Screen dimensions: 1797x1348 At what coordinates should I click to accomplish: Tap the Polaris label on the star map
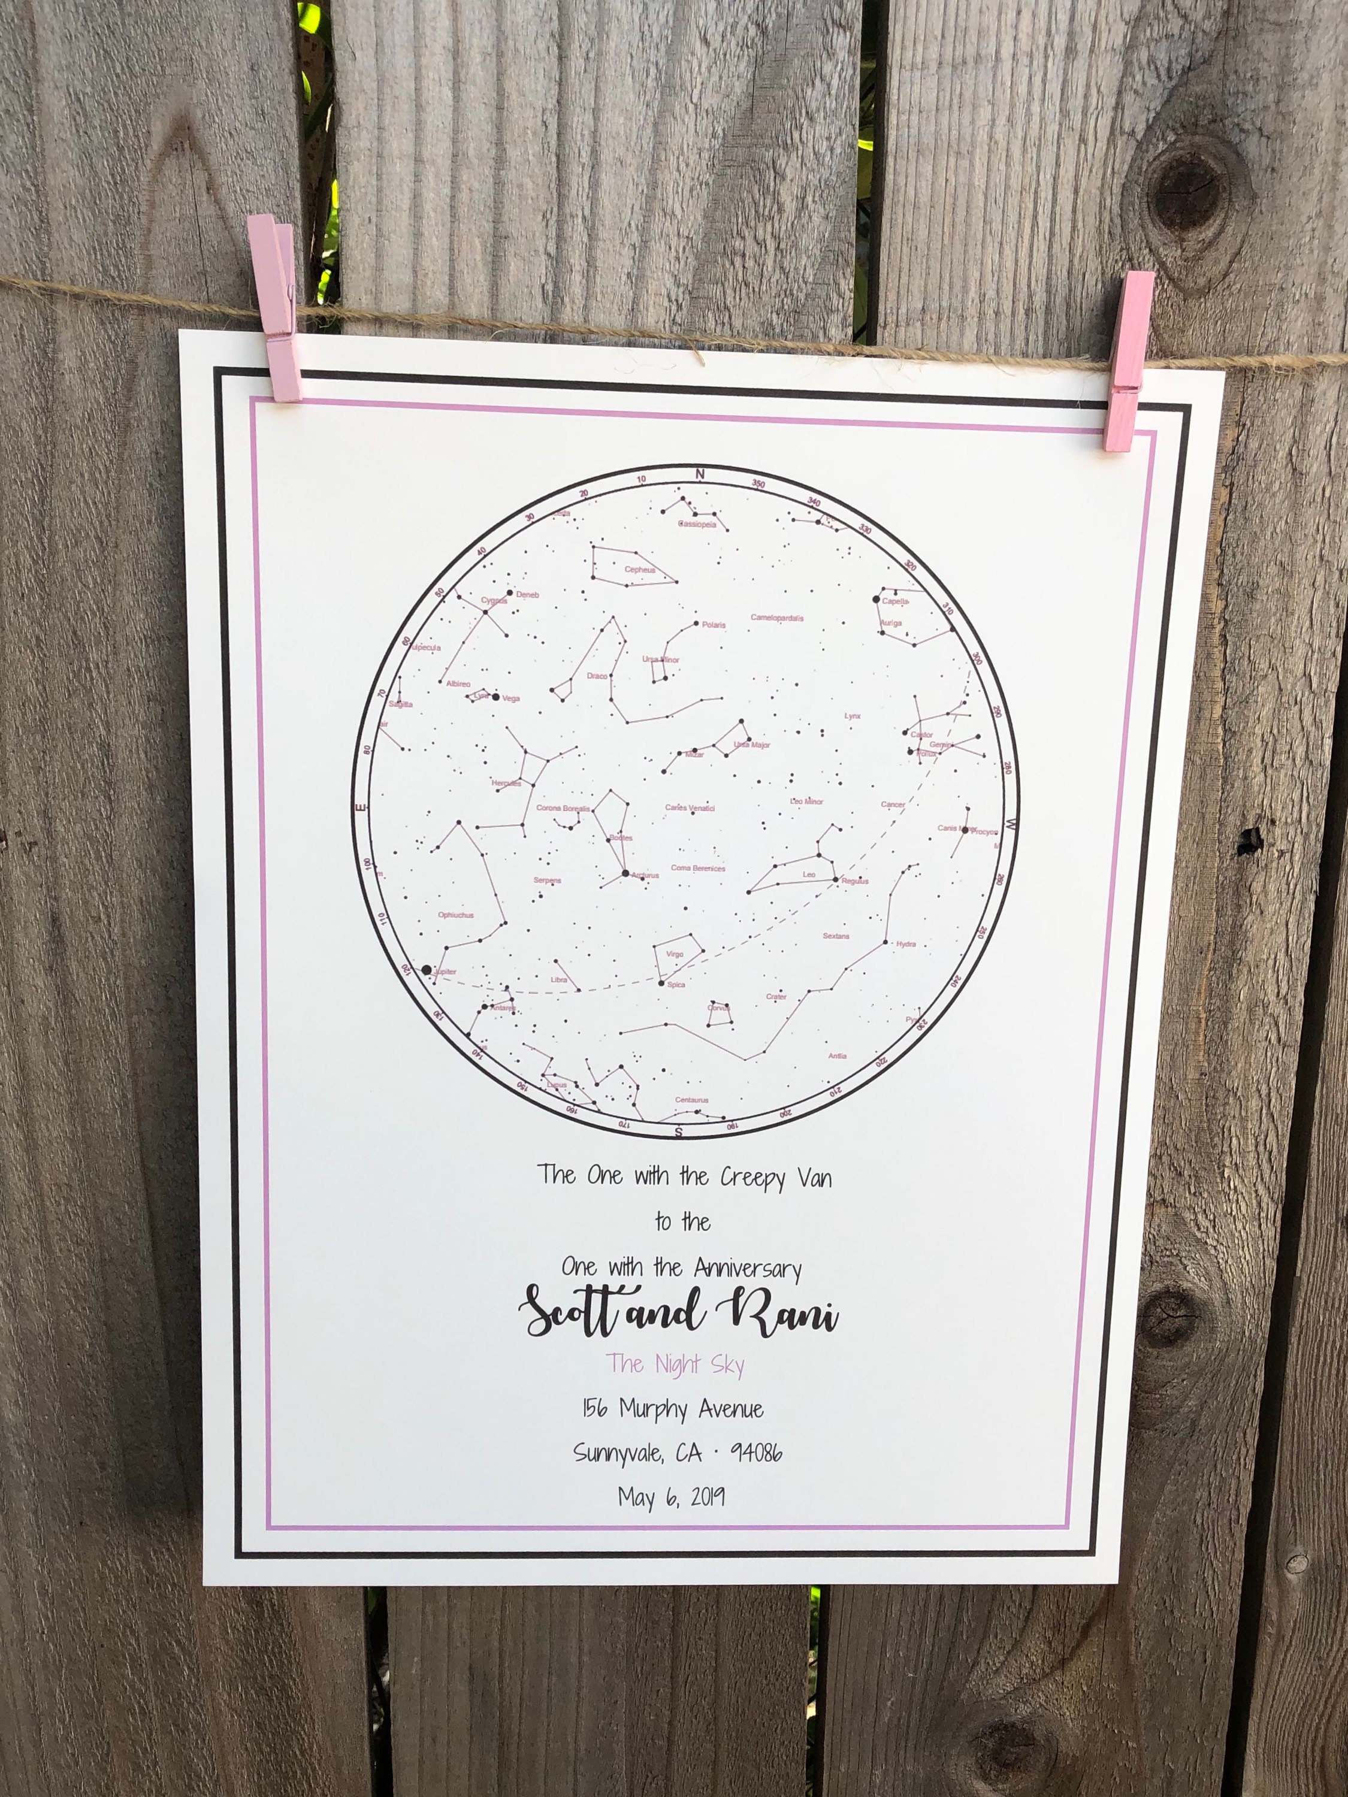(x=714, y=625)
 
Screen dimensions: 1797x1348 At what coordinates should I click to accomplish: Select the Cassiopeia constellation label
(x=697, y=525)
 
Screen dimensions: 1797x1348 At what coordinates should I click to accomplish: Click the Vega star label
(x=511, y=698)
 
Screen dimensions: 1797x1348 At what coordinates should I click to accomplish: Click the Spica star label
(x=675, y=985)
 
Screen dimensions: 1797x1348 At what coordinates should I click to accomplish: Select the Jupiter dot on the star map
(x=427, y=969)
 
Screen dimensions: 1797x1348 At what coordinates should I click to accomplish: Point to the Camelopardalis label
(x=777, y=618)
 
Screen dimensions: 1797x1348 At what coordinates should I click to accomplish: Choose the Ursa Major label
(x=752, y=745)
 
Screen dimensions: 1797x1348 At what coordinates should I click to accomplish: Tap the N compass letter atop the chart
(x=700, y=474)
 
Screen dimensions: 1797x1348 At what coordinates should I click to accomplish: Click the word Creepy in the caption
(x=752, y=1178)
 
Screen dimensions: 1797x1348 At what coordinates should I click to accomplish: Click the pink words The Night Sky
(x=675, y=1365)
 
